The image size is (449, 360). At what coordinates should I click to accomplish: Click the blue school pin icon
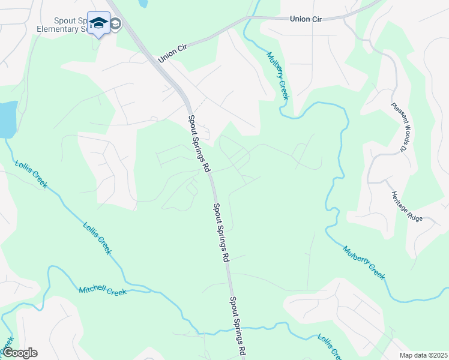pos(98,23)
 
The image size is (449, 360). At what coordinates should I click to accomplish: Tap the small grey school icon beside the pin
pos(115,24)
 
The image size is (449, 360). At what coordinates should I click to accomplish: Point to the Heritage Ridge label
pos(407,206)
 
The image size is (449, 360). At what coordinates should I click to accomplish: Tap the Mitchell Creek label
pos(103,290)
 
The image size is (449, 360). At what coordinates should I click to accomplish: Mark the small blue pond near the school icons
pos(143,3)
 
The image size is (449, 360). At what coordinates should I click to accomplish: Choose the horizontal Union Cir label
pos(306,19)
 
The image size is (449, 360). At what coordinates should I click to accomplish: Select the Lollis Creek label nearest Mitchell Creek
pos(96,238)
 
